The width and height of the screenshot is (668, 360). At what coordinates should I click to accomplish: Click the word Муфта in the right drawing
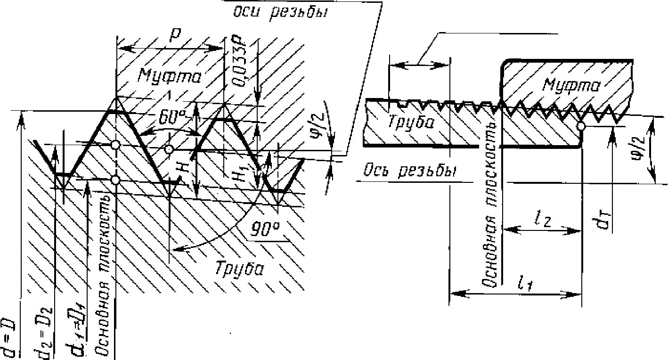point(571,86)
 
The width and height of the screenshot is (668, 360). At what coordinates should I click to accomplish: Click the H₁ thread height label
point(243,174)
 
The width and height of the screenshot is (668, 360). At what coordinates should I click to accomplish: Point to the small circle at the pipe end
point(582,126)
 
